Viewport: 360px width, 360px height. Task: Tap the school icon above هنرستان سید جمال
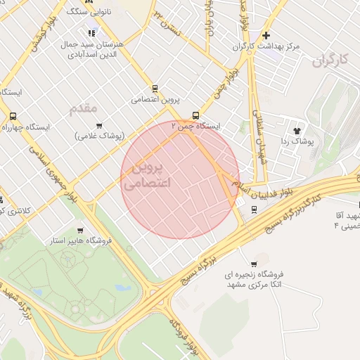(91, 32)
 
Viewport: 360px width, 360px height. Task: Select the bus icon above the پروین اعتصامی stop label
(155, 89)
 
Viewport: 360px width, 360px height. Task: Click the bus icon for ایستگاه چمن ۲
(195, 116)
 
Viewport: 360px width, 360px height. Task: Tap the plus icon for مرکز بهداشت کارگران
(266, 35)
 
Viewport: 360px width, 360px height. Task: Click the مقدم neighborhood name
(84, 109)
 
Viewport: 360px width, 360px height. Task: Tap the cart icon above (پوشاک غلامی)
(98, 124)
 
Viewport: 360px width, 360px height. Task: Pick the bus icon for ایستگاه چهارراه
(13, 117)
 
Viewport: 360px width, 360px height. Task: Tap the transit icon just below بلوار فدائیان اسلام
(254, 209)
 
